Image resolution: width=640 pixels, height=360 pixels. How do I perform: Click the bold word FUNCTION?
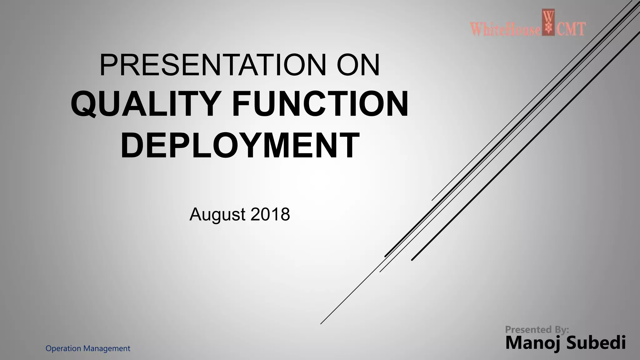(x=320, y=104)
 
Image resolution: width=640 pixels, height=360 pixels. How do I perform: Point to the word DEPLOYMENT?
(x=240, y=145)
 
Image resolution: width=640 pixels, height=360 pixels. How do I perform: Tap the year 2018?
(x=270, y=215)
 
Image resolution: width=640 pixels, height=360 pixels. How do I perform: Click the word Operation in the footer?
(x=63, y=348)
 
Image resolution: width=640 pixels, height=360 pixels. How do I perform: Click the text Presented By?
(x=537, y=329)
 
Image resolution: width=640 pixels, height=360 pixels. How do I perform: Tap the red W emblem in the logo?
(x=548, y=22)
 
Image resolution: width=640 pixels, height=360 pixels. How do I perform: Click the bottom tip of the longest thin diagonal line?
(x=321, y=324)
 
